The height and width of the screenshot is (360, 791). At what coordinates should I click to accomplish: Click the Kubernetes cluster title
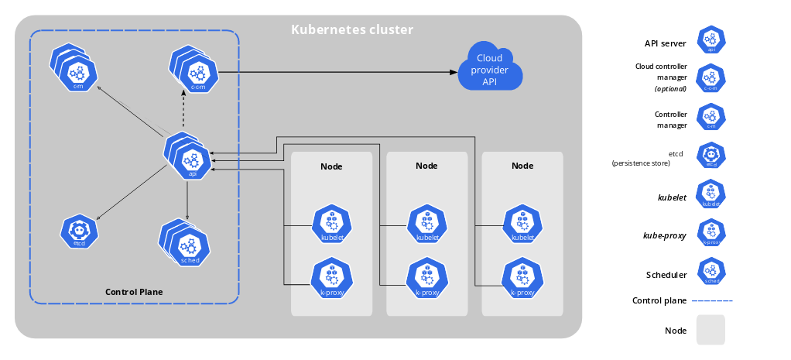[x=352, y=30]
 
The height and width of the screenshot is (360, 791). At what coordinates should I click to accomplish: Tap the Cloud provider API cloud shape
[x=489, y=68]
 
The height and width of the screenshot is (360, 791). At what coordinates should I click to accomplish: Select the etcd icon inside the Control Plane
[x=79, y=231]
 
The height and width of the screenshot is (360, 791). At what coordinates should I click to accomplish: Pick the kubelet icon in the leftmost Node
[x=331, y=225]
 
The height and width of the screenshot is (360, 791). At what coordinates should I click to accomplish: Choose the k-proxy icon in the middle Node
[x=427, y=277]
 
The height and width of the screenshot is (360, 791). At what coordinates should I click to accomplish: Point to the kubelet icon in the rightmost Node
[x=522, y=225]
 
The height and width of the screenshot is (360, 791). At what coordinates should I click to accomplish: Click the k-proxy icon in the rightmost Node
[x=522, y=277]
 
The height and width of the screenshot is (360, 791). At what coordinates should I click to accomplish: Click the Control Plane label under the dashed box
[x=134, y=292]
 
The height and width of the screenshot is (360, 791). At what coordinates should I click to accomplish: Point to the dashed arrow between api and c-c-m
[x=183, y=116]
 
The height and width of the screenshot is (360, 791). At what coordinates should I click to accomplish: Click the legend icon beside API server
[x=711, y=39]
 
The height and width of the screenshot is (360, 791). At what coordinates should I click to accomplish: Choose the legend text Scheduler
[x=666, y=274]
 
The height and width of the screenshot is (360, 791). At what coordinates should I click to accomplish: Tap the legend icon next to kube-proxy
[x=711, y=232]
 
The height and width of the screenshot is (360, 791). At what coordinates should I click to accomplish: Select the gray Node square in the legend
[x=711, y=330]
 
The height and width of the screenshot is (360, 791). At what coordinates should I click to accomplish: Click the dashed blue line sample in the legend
[x=711, y=300]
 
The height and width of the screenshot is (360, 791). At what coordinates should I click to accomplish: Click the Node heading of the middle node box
[x=426, y=166]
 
